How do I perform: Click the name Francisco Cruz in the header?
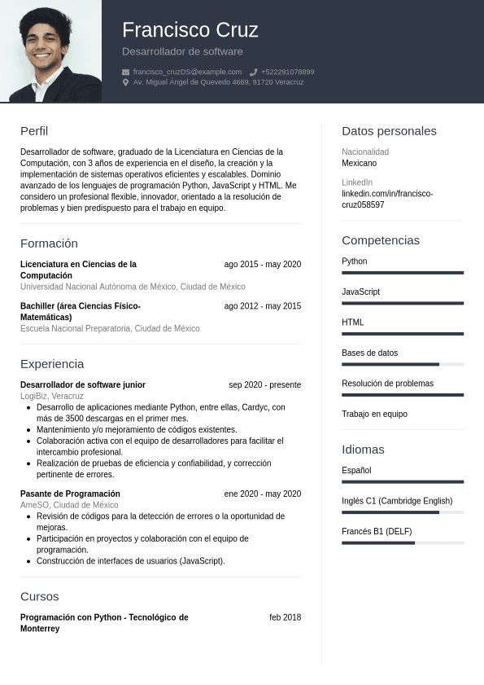coord(190,30)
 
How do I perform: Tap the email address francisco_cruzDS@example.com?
coord(187,72)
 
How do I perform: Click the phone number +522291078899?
coord(287,72)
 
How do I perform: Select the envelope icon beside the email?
coord(125,72)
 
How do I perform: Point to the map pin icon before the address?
coord(125,82)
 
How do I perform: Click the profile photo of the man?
coord(50,50)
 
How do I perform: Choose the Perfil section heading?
coord(34,131)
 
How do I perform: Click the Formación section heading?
coord(49,244)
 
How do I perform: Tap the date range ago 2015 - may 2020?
coord(262,264)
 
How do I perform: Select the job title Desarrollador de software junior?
coord(83,384)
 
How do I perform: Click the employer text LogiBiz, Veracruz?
coord(52,396)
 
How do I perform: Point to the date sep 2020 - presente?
coord(264,384)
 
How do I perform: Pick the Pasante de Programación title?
coord(70,494)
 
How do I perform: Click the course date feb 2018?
coord(285,617)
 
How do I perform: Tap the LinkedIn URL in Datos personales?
coord(387,200)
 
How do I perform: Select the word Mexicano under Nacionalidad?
coord(359,163)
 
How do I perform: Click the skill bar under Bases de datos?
coord(403,364)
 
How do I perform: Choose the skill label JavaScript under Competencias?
coord(360,292)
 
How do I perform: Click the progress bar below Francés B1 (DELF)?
coord(403,542)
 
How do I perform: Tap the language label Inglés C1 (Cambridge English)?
coord(397,501)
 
